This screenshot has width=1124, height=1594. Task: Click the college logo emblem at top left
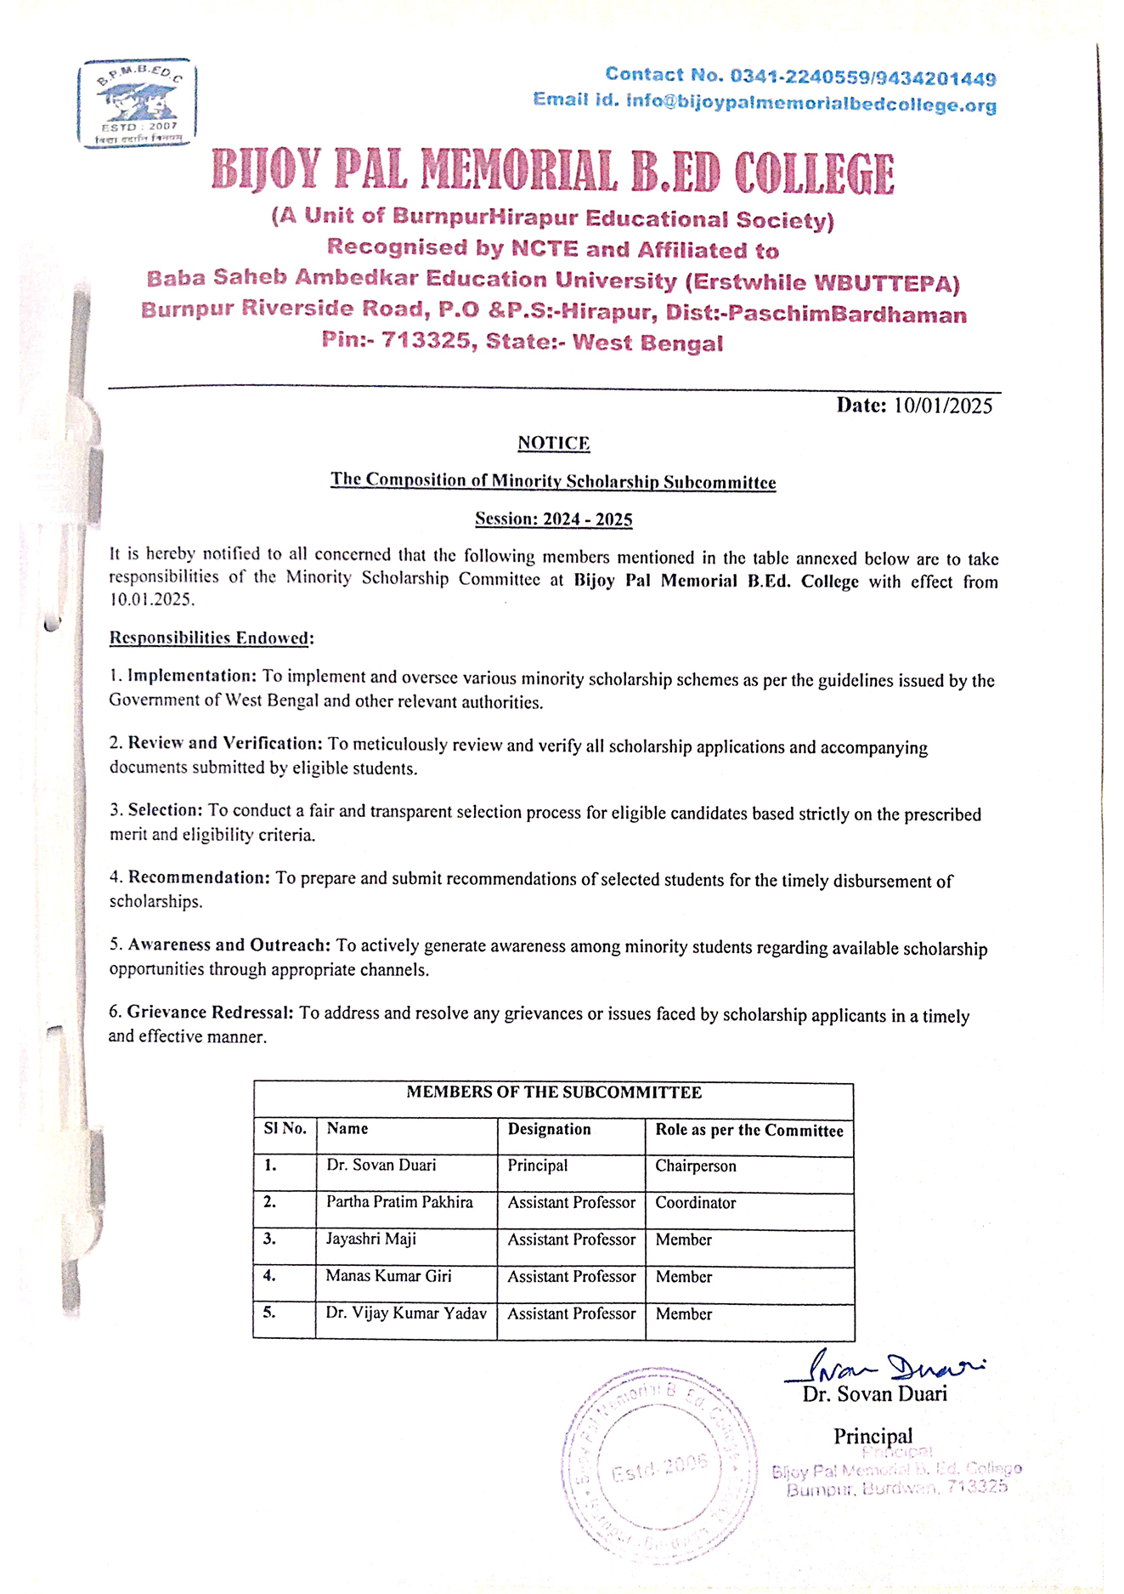(x=137, y=103)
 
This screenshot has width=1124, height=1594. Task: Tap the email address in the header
(x=811, y=104)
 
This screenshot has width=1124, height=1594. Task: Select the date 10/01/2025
(x=942, y=406)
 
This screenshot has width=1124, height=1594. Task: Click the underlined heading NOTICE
(x=553, y=443)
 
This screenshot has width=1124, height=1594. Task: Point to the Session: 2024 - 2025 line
(x=553, y=519)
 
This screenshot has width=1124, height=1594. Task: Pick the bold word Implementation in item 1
(x=191, y=676)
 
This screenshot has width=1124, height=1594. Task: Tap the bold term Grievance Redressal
(x=210, y=1013)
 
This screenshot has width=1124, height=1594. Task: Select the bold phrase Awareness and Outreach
(x=229, y=945)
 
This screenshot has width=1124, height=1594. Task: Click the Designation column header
(x=549, y=1129)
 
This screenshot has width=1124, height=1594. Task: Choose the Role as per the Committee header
(x=748, y=1130)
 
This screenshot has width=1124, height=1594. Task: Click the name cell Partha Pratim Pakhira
(x=399, y=1202)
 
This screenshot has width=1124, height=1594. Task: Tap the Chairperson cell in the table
(x=695, y=1166)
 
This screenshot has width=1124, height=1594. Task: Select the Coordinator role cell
(x=695, y=1203)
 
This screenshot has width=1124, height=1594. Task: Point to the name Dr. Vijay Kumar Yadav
(x=406, y=1313)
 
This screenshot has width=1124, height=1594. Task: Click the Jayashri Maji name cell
(x=371, y=1239)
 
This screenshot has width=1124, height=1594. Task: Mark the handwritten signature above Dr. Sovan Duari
(x=884, y=1367)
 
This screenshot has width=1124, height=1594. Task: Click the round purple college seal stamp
(x=658, y=1466)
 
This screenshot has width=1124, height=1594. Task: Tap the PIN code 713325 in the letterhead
(x=425, y=342)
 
